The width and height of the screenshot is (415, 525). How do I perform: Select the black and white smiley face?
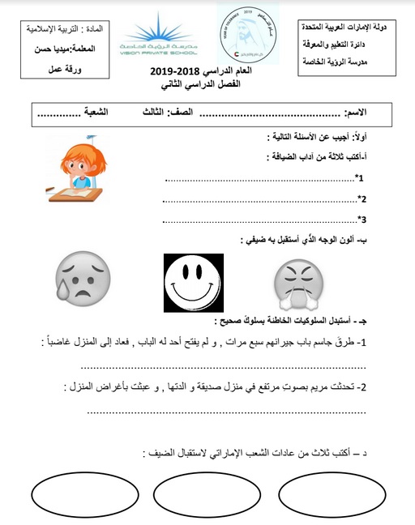point(193,284)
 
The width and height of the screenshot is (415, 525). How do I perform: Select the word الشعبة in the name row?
point(112,113)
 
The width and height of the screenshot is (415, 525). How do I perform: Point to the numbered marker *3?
point(362,219)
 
